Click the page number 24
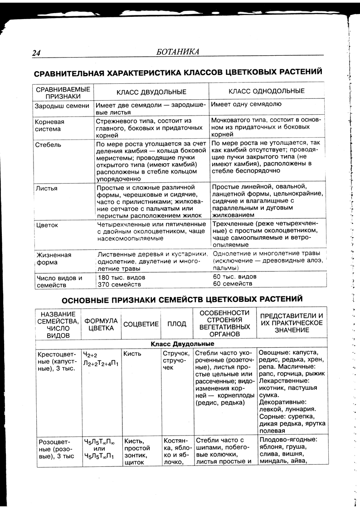(x=36, y=53)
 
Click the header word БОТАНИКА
(x=177, y=52)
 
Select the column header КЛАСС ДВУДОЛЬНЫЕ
(x=151, y=92)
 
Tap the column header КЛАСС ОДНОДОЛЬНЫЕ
(x=266, y=91)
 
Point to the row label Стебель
(x=48, y=145)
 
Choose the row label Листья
(x=46, y=187)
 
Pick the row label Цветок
(x=47, y=225)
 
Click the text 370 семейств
(x=119, y=284)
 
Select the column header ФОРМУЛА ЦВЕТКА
(x=101, y=324)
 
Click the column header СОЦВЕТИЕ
(x=141, y=324)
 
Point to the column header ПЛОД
(x=177, y=324)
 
